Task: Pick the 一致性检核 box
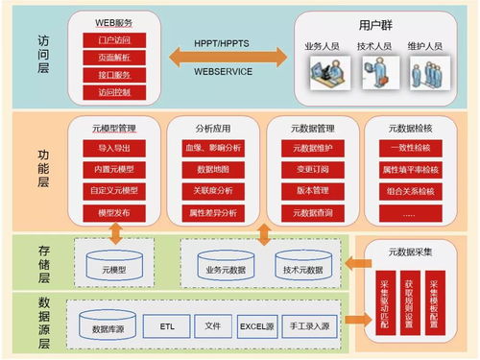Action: pos(411,147)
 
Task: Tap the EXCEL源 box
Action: pos(259,327)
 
